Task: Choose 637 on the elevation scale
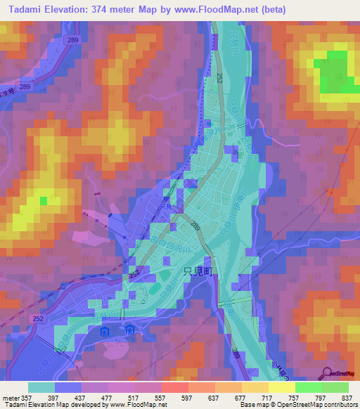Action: tap(214, 397)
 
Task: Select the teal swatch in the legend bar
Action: tap(41, 387)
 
